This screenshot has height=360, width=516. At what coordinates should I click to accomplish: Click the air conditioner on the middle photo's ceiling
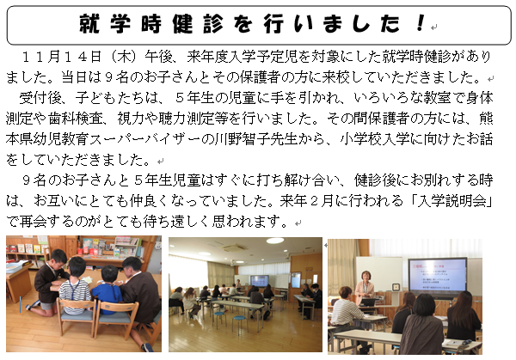[233, 248]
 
